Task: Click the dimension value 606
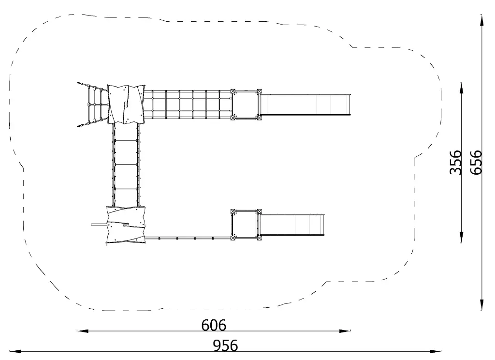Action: pos(214,325)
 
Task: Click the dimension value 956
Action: pos(225,345)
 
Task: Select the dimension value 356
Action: pos(455,163)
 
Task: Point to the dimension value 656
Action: pos(476,163)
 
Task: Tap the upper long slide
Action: pos(305,105)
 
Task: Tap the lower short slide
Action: pos(291,225)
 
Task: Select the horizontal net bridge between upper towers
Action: pos(188,105)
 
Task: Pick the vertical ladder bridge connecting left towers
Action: pos(126,165)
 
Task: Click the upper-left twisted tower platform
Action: pos(126,105)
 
